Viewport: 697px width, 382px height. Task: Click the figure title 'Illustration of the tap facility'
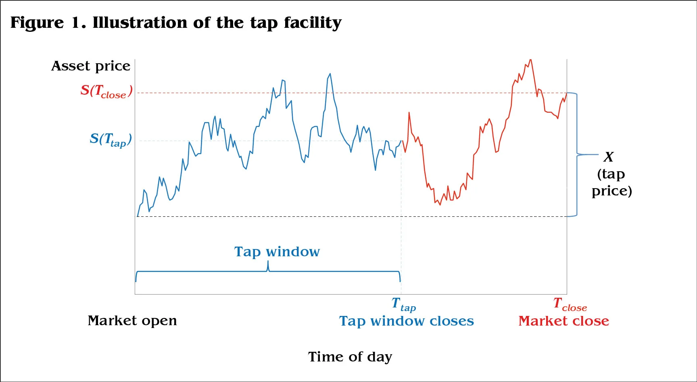click(217, 23)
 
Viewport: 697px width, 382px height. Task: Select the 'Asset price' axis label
click(91, 66)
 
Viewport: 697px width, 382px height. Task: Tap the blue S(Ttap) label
click(111, 140)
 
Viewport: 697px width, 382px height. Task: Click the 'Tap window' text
click(277, 252)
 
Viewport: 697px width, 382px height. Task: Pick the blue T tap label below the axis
click(403, 304)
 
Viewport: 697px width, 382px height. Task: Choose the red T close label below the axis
click(570, 304)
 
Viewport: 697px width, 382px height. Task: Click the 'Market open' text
click(132, 321)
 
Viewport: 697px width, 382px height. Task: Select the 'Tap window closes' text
click(406, 321)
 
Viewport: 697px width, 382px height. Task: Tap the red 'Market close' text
click(563, 321)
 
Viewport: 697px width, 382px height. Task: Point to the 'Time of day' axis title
click(350, 357)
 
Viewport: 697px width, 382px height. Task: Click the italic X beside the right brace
click(609, 157)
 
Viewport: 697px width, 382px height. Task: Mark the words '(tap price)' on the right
click(611, 183)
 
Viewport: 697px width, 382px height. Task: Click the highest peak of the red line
click(530, 60)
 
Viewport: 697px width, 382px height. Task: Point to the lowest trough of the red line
click(440, 205)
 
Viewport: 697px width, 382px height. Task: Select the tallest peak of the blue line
click(330, 74)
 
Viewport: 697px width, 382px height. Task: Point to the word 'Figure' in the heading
click(37, 23)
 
